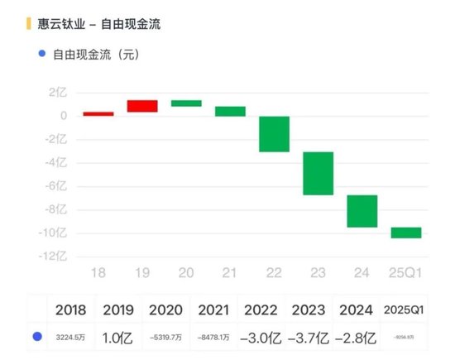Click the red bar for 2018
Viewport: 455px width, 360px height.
pos(98,114)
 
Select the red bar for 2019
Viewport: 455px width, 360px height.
pos(142,106)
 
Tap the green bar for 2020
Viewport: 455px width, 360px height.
pos(186,103)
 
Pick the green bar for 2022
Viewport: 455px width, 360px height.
pos(274,134)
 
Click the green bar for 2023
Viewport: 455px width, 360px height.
pos(318,173)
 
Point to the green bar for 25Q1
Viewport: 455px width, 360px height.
pos(406,233)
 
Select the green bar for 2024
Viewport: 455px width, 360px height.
pos(362,211)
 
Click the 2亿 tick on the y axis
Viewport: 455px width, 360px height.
pos(57,93)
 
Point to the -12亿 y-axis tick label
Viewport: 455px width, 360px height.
pos(54,257)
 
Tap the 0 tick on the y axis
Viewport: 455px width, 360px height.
pos(63,116)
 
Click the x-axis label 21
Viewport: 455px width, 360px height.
pos(230,272)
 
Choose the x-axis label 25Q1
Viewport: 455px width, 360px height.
pos(405,272)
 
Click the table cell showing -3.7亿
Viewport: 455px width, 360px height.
pos(309,338)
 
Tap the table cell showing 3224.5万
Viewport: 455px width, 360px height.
pos(70,338)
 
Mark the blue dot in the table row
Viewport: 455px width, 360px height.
pos(36,338)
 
